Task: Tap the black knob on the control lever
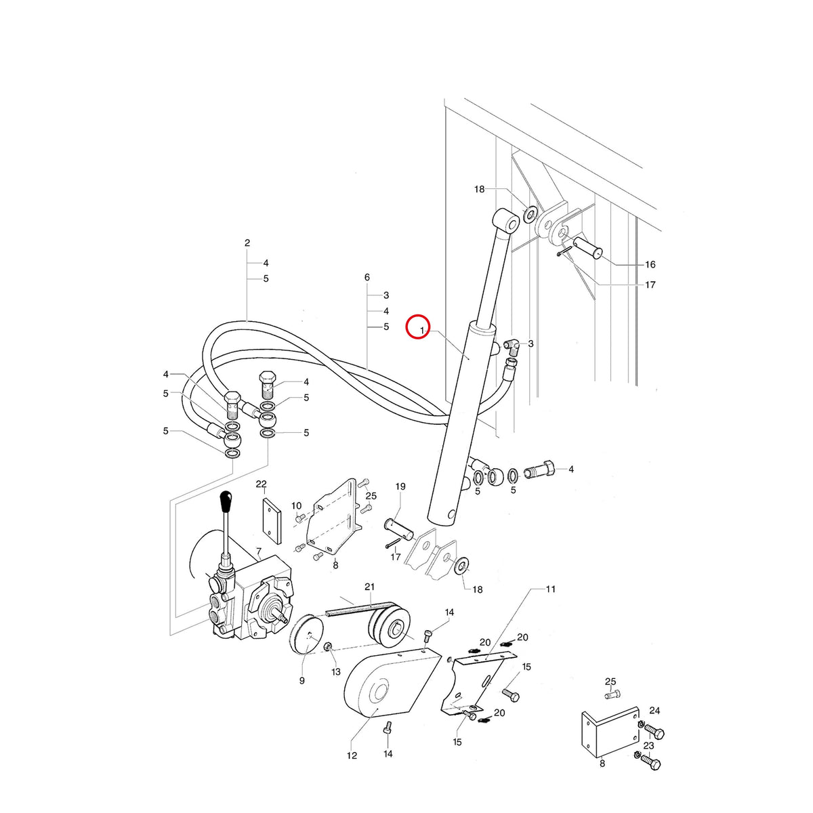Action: pyautogui.click(x=226, y=499)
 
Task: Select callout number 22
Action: pyautogui.click(x=261, y=484)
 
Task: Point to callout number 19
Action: pyautogui.click(x=400, y=486)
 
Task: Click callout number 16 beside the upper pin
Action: pyautogui.click(x=650, y=264)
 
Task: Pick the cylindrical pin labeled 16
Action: pyautogui.click(x=585, y=248)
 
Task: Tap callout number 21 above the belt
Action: pyautogui.click(x=370, y=587)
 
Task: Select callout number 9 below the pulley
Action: pyautogui.click(x=301, y=680)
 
